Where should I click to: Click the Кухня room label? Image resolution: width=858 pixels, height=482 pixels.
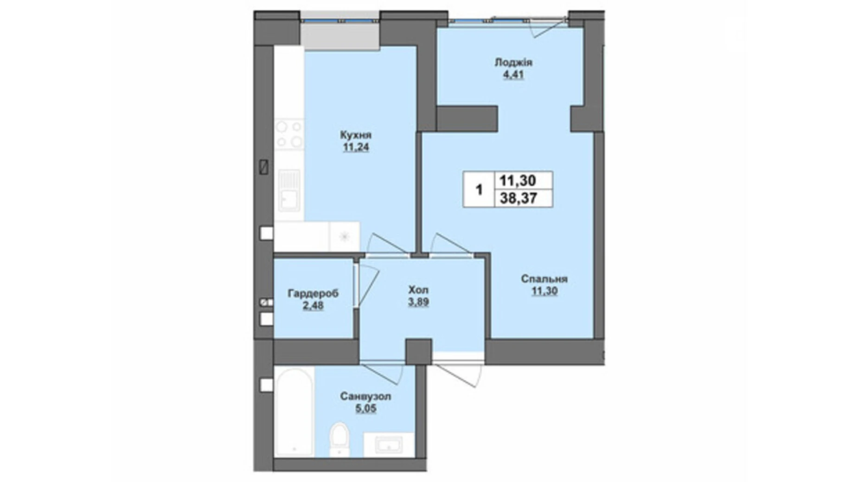coord(356,135)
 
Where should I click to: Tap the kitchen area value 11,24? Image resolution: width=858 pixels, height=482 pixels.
coord(356,148)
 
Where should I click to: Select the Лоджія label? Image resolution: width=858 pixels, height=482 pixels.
coord(513,63)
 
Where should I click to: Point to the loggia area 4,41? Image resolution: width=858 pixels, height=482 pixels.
coord(513,75)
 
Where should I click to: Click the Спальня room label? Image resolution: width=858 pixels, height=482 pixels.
coord(544,279)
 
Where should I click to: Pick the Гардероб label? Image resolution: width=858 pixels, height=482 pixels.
coord(313,293)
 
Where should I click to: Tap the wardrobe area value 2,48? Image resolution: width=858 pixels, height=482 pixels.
coord(313,305)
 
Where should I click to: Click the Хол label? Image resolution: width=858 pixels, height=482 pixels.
coord(418,290)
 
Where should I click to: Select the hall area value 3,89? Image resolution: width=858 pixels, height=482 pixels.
coord(418,302)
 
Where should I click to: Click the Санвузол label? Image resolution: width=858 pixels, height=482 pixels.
coord(365,397)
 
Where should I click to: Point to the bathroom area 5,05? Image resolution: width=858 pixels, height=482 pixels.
coord(365,409)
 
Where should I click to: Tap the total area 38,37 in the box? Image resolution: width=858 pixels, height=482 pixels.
coord(519,198)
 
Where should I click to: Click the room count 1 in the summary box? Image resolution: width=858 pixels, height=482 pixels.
coord(479,190)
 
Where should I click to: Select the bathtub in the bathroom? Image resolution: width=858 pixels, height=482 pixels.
coord(294,412)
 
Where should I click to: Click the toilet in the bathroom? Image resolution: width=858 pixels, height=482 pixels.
coord(339,438)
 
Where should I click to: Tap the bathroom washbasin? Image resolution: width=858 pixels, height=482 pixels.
coord(389,445)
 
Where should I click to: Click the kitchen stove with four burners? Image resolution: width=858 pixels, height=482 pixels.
coord(289,134)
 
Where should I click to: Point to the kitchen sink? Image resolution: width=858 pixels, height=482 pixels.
coord(289,190)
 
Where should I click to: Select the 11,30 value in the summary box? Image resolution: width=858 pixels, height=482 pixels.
coord(519,180)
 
